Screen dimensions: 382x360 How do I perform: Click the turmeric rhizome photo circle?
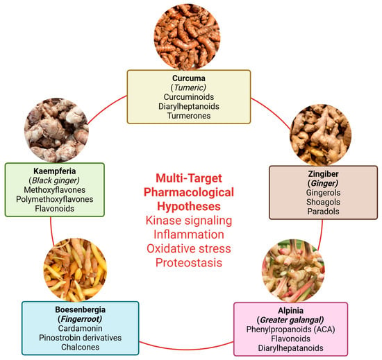point(188,37)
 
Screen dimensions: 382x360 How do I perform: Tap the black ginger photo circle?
point(56,130)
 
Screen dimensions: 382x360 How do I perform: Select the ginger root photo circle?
point(321,135)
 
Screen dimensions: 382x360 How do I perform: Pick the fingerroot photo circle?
point(75,270)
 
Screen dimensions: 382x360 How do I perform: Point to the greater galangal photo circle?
point(293,271)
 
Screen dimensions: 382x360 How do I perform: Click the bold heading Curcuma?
point(189,78)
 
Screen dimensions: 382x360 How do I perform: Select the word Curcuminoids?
point(189,97)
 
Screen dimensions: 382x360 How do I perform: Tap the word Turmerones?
point(189,116)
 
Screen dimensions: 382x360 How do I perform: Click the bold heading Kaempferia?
point(55,171)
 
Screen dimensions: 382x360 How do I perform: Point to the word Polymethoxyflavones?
point(55,199)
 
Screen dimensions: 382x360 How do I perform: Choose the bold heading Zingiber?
point(323,174)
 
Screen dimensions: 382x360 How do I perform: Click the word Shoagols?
point(323,202)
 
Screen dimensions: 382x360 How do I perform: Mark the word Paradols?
point(323,212)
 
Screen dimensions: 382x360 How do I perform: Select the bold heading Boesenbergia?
point(80,309)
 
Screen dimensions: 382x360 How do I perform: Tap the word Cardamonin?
point(80,328)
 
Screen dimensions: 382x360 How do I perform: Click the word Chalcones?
point(80,347)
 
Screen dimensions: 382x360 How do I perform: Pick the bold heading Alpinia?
point(290,311)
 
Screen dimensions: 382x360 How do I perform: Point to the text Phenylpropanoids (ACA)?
point(290,329)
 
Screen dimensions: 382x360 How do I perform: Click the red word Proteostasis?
point(189,263)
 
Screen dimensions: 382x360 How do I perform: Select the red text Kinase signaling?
point(189,221)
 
